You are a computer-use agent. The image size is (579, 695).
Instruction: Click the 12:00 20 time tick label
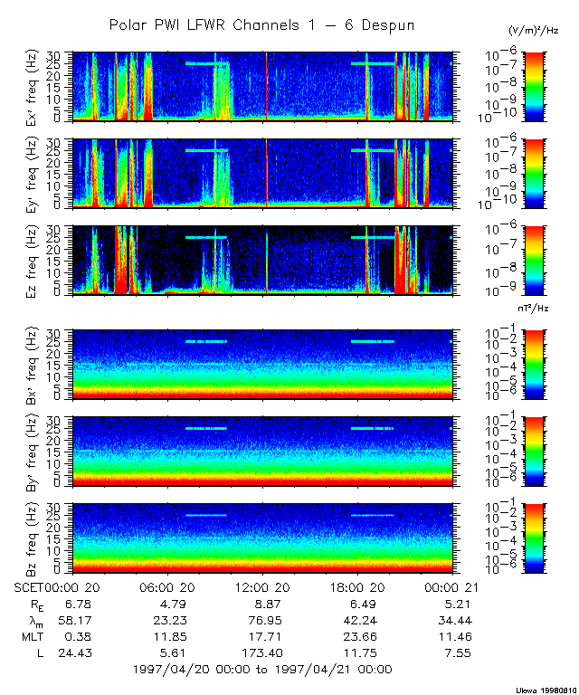pos(261,588)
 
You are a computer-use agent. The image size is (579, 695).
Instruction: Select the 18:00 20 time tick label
pos(355,588)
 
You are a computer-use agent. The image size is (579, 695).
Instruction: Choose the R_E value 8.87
pos(261,605)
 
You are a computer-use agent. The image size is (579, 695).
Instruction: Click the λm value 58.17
pos(73,621)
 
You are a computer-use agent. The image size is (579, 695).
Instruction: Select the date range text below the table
pos(261,670)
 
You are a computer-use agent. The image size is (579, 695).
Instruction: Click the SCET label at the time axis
pos(31,588)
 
